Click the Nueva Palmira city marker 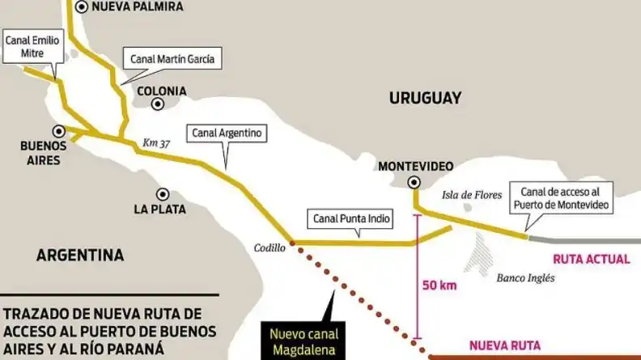(83, 6)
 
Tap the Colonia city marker (159, 104)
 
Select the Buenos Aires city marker (57, 130)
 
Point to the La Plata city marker (163, 194)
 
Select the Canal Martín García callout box (171, 58)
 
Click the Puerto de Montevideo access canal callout (561, 200)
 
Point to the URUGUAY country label (425, 98)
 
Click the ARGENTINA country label (80, 256)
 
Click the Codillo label (270, 248)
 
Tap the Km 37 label (157, 142)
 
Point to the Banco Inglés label (526, 277)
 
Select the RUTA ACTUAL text (591, 259)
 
